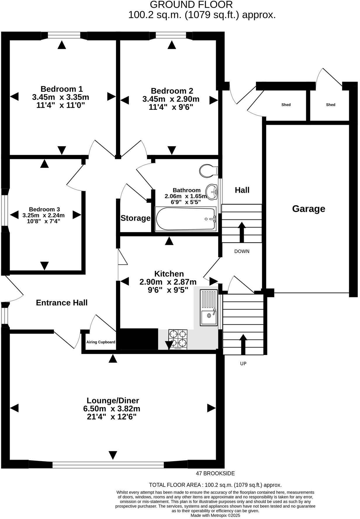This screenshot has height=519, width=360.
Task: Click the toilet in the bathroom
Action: (x=209, y=170)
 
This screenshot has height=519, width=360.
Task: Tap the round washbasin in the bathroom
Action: (x=212, y=192)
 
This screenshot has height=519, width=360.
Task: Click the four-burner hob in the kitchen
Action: (x=178, y=340)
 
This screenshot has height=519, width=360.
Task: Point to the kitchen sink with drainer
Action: (x=209, y=308)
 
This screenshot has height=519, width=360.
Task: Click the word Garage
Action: (x=309, y=209)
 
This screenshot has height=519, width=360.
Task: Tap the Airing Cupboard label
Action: (x=101, y=342)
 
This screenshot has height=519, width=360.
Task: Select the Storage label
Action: (x=136, y=218)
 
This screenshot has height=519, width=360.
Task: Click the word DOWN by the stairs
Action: (x=242, y=251)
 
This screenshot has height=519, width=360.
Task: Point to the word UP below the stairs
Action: (x=243, y=364)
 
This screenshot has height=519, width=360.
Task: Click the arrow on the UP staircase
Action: (x=243, y=345)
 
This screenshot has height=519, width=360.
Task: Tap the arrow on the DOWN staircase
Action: (x=242, y=232)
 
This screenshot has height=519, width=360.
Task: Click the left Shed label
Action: (x=286, y=105)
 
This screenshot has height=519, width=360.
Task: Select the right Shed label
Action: (x=330, y=105)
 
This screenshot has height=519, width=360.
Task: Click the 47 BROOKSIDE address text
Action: (x=215, y=473)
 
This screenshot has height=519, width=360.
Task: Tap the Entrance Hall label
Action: (x=62, y=303)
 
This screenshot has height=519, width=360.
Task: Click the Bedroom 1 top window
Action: (x=64, y=36)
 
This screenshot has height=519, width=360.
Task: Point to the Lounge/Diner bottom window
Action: (x=108, y=465)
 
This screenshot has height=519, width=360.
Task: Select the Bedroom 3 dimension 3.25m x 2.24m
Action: (x=44, y=215)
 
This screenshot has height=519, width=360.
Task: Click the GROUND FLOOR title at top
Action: (x=191, y=4)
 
